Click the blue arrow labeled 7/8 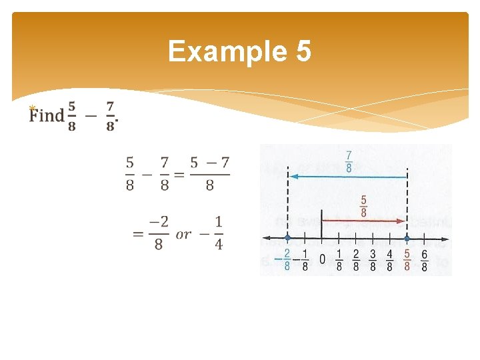tap(347, 177)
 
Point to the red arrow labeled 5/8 tap(363, 221)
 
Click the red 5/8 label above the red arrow tap(363, 205)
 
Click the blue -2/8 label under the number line tap(285, 260)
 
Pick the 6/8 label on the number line tap(424, 260)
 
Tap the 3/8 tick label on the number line tap(373, 260)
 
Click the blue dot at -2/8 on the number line tap(287, 238)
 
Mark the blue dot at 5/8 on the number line tap(407, 238)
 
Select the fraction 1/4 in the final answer tap(218, 233)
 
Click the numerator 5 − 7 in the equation tap(209, 163)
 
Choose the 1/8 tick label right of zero tap(339, 260)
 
